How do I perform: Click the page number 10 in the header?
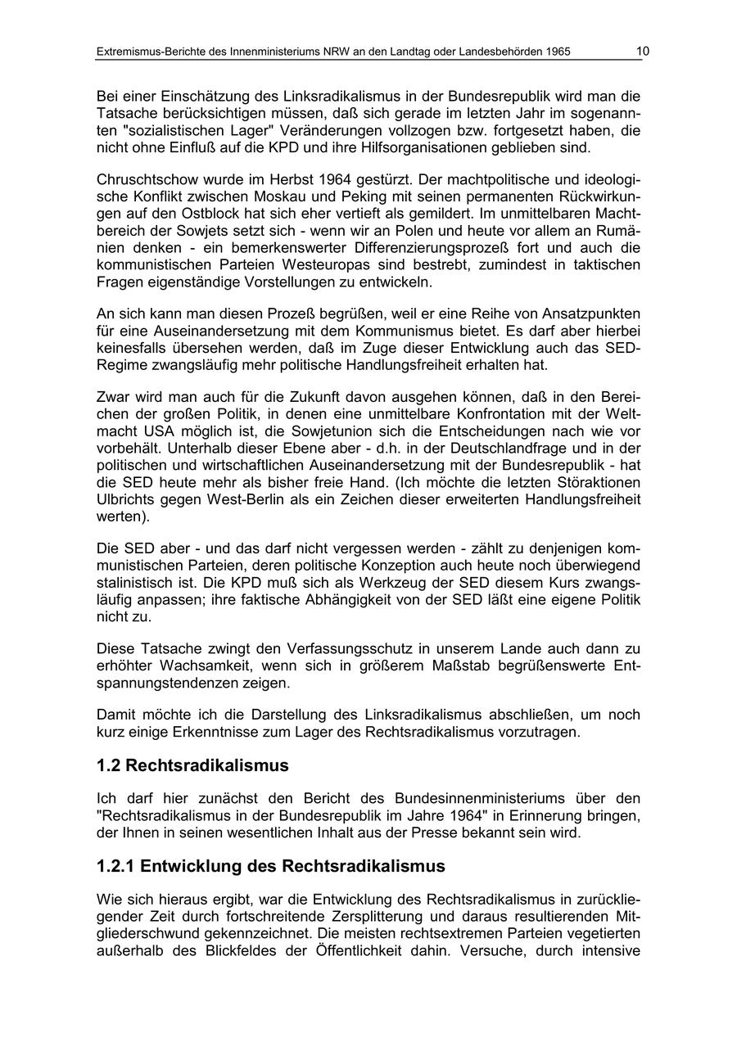point(643,52)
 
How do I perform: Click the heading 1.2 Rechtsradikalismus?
point(192,765)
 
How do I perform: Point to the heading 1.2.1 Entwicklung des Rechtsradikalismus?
point(271,866)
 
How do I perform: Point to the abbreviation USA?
point(153,431)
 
